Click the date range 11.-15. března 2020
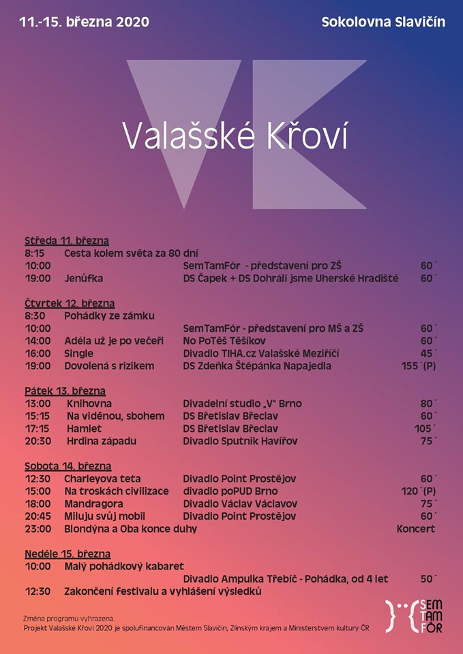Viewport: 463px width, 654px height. pyautogui.click(x=85, y=22)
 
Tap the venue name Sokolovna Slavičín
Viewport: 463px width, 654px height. pyautogui.click(x=383, y=22)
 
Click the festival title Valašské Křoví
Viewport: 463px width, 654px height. pyautogui.click(x=235, y=135)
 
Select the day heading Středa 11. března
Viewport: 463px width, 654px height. pyautogui.click(x=67, y=240)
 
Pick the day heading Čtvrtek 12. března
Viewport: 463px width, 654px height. pyautogui.click(x=70, y=303)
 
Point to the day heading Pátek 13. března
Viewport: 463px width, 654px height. pyautogui.click(x=65, y=391)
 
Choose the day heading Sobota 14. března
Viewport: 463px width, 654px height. pyautogui.click(x=68, y=467)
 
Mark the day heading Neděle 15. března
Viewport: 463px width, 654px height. pyautogui.click(x=68, y=554)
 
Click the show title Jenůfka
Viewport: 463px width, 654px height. pyautogui.click(x=84, y=278)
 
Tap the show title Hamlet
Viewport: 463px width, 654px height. pyautogui.click(x=84, y=429)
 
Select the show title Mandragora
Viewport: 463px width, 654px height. pyautogui.click(x=93, y=503)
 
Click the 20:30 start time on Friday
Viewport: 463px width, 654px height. pyautogui.click(x=38, y=441)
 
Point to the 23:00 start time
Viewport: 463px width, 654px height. pyautogui.click(x=38, y=529)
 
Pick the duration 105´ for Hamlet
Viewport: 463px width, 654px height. pyautogui.click(x=425, y=429)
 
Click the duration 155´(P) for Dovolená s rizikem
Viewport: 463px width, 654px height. pyautogui.click(x=418, y=366)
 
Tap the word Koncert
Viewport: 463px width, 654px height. pyautogui.click(x=415, y=529)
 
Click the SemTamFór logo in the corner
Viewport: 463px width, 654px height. pyautogui.click(x=414, y=616)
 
